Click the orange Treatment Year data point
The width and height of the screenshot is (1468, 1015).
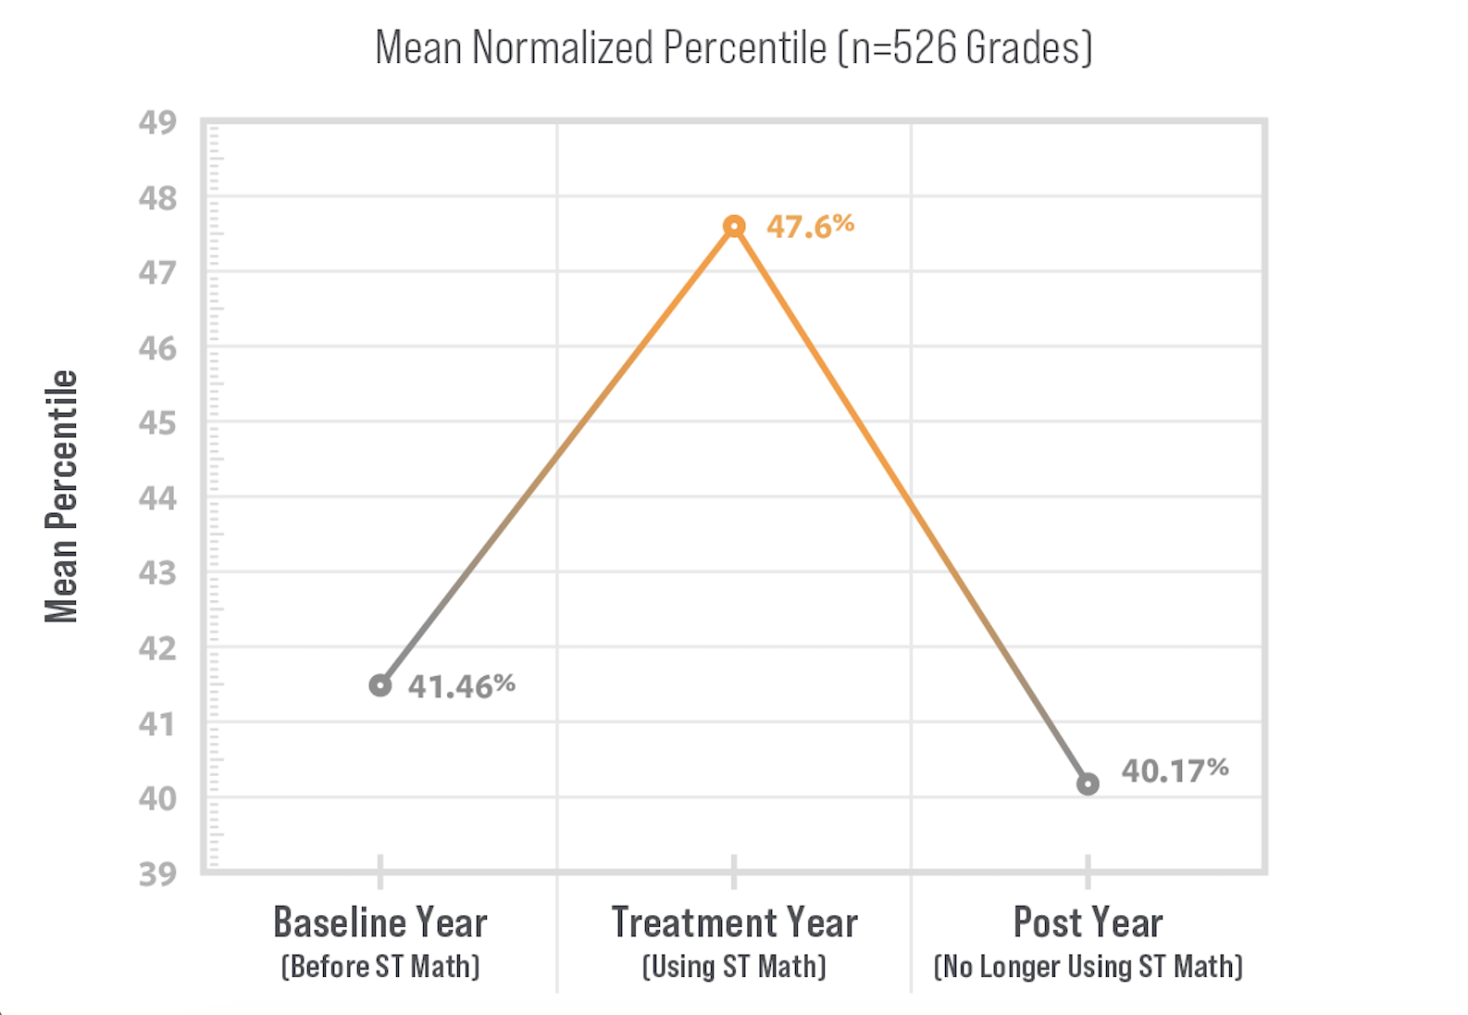pos(734,227)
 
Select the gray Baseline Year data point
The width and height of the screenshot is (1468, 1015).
pos(380,686)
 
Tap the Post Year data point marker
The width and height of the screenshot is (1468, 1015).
pos(1088,783)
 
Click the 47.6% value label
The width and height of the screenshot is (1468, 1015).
pos(811,226)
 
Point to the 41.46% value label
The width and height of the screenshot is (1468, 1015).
pos(461,686)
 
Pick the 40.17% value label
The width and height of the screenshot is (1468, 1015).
pos(1176,771)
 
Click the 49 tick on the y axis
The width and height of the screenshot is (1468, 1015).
pos(157,122)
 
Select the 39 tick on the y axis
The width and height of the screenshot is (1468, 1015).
pos(157,874)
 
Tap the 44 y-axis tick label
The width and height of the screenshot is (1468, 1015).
pos(157,499)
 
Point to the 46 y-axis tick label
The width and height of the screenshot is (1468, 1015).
pos(157,349)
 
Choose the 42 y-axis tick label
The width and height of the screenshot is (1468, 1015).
pos(157,649)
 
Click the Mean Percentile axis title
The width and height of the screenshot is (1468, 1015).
pos(61,496)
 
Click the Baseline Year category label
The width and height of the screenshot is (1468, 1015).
pos(380,922)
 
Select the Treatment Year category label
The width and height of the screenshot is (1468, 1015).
pos(735,922)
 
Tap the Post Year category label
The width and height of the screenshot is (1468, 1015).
pos(1088,922)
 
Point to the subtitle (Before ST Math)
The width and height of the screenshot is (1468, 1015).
pos(380,967)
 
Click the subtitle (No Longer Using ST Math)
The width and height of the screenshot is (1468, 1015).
pos(1088,967)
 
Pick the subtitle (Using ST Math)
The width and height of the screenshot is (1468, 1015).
pos(734,967)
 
